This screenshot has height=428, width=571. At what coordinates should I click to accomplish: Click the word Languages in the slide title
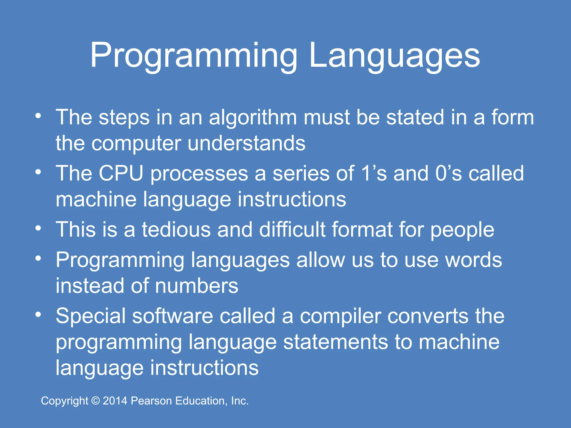pos(395,56)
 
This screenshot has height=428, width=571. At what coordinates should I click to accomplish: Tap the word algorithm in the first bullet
pos(253,118)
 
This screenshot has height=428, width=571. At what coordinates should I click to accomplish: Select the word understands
pos(246,144)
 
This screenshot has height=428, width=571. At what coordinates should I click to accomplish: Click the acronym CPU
pos(121,174)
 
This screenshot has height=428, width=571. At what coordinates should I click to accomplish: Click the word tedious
pos(176,230)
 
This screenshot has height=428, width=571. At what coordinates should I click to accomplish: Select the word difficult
pos(292,230)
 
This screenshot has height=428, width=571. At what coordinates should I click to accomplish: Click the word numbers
pos(197,286)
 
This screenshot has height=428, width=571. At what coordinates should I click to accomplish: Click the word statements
pos(335,342)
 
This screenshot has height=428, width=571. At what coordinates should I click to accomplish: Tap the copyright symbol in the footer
pos(96,401)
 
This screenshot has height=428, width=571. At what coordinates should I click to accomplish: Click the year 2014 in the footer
pos(115,401)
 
